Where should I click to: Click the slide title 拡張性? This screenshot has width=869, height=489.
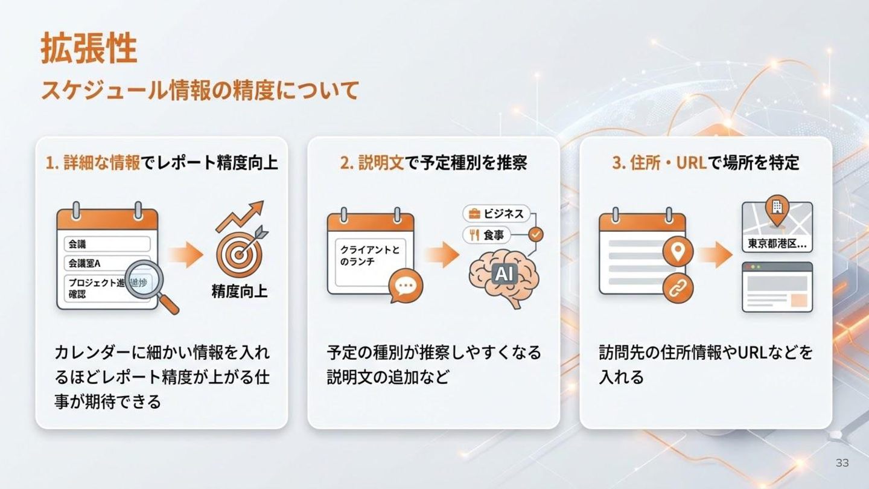pyautogui.click(x=89, y=49)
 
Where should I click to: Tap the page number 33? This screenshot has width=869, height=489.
pyautogui.click(x=842, y=463)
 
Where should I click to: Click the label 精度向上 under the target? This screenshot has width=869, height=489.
pyautogui.click(x=240, y=292)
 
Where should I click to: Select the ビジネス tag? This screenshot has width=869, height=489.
pyautogui.click(x=497, y=214)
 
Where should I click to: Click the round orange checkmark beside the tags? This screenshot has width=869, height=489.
pyautogui.click(x=535, y=233)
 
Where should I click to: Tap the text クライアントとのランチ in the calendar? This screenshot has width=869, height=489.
pyautogui.click(x=369, y=255)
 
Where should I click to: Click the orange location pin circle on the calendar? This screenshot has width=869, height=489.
pyautogui.click(x=678, y=252)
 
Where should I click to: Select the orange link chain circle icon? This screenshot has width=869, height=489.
pyautogui.click(x=678, y=288)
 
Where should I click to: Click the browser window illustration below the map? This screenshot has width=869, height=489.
pyautogui.click(x=777, y=287)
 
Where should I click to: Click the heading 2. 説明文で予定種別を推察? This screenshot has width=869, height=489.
pyautogui.click(x=433, y=163)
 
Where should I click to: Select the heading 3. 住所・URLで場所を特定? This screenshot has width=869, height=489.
pyautogui.click(x=705, y=163)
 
